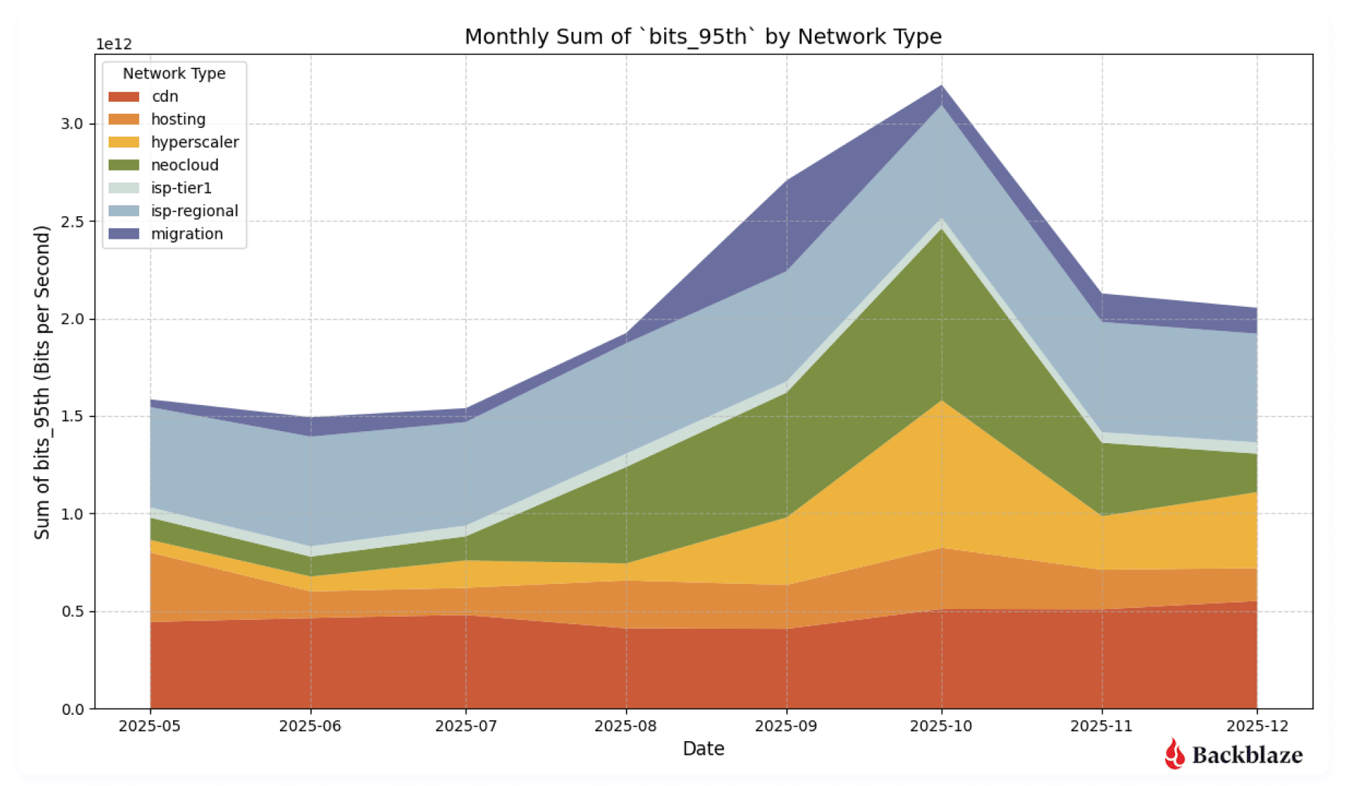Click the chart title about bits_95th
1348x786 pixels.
tap(702, 36)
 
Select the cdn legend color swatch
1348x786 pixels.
tap(124, 97)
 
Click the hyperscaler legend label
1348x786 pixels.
tap(195, 142)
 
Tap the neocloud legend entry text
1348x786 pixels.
tap(184, 165)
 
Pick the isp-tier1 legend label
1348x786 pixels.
tap(181, 188)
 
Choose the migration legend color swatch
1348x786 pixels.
tap(124, 234)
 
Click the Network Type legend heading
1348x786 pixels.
tap(174, 73)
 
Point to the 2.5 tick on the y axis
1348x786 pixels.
tap(72, 222)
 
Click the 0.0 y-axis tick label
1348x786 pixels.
tap(72, 709)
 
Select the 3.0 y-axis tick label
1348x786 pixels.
tap(72, 124)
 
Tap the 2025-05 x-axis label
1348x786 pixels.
tap(150, 726)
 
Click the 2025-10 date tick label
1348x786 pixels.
tap(941, 726)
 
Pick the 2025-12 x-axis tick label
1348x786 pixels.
tap(1257, 726)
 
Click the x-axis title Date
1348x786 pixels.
tap(703, 749)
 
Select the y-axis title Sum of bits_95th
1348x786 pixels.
tap(42, 382)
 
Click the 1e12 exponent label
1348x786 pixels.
tap(114, 44)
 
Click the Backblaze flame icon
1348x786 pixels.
tap(1174, 754)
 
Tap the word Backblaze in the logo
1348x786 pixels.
tap(1247, 755)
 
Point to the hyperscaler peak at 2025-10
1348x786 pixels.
tap(941, 401)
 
